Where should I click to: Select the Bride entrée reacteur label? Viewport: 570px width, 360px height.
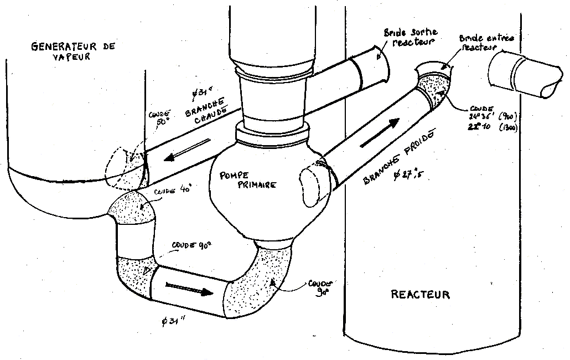[487, 43]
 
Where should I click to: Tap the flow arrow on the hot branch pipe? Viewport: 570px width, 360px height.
[189, 150]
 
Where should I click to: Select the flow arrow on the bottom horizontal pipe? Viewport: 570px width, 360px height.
[189, 289]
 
